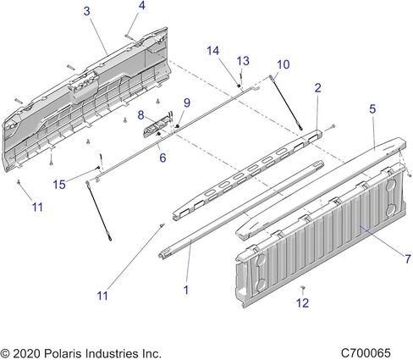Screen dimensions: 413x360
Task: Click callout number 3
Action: (x=87, y=11)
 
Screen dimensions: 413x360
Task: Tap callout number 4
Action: (x=142, y=5)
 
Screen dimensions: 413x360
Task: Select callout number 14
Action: (x=212, y=51)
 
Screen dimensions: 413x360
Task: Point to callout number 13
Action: (x=243, y=61)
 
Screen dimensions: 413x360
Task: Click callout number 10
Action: (x=284, y=64)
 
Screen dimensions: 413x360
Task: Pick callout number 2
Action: (x=317, y=88)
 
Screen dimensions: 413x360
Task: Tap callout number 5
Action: (x=372, y=108)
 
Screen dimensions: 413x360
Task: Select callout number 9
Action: (x=187, y=102)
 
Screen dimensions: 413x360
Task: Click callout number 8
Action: (x=140, y=115)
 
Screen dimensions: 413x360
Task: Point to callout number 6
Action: (x=162, y=158)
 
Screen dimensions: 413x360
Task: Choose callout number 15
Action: (x=59, y=185)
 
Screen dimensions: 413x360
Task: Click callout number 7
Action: (x=408, y=258)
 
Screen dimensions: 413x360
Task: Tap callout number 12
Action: (x=302, y=303)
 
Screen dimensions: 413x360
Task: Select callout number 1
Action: (x=185, y=290)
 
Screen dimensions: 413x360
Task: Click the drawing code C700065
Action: (x=366, y=353)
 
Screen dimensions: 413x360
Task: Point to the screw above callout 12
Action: (x=303, y=288)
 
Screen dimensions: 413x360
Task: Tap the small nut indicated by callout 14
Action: (x=239, y=86)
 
